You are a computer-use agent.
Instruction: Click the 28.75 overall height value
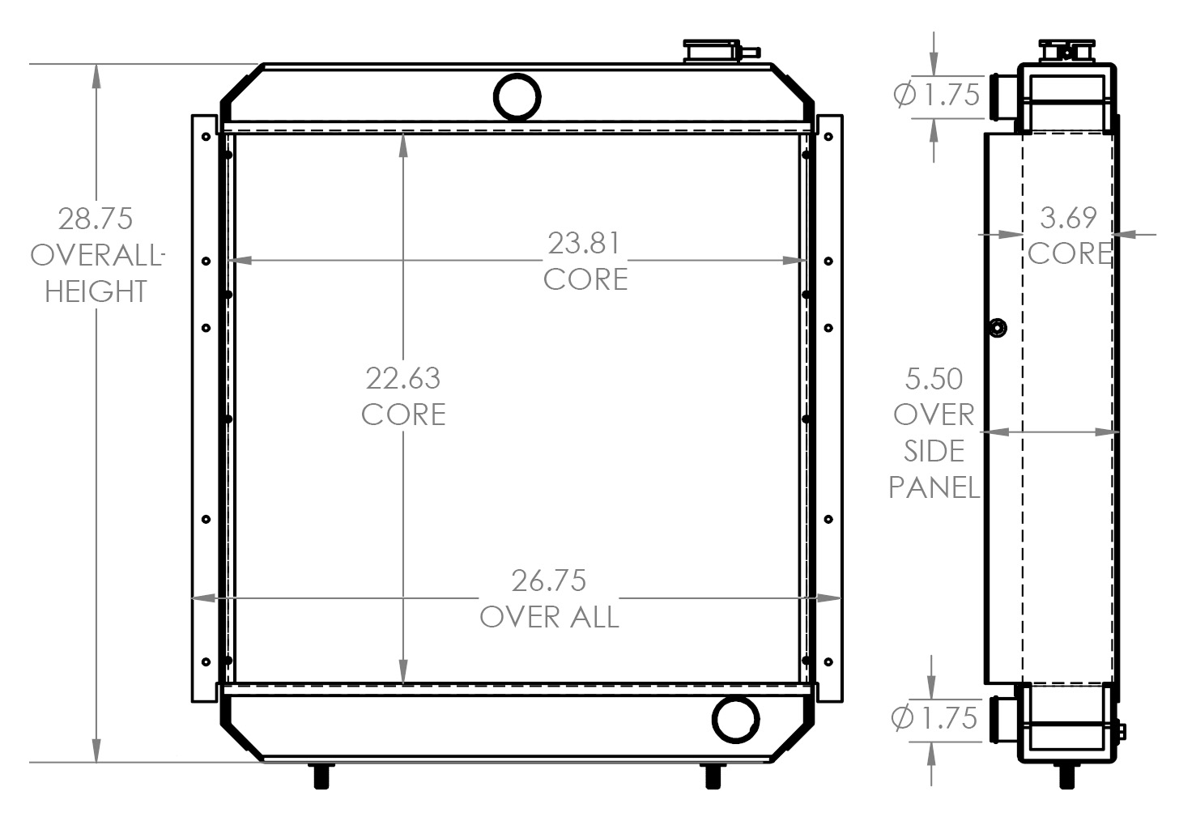(95, 219)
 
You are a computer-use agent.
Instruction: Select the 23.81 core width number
(585, 243)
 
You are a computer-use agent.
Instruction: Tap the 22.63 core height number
(403, 378)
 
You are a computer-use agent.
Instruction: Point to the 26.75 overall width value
(548, 580)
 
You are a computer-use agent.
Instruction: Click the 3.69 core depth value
(1068, 217)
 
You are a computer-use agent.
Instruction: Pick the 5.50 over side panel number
(934, 379)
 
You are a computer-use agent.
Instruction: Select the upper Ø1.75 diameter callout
(936, 96)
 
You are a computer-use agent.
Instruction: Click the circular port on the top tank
(517, 96)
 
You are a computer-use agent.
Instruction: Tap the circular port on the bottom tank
(735, 718)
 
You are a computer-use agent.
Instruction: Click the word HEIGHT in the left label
(96, 291)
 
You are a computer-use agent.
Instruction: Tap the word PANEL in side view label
(934, 487)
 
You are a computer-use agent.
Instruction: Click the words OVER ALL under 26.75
(549, 617)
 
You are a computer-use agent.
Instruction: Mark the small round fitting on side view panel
(998, 329)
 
